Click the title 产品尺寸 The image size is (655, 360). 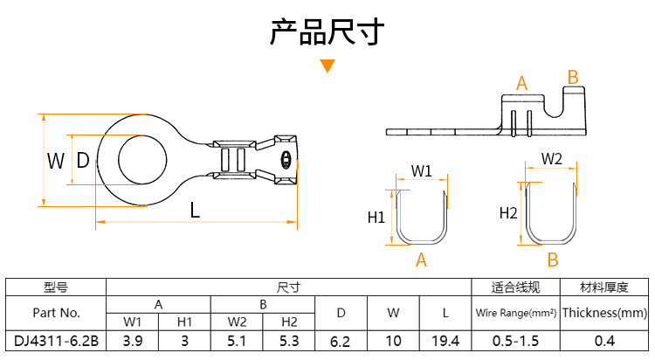click(327, 32)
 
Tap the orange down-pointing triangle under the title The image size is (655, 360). click(327, 66)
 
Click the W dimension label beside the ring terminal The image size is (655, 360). click(56, 160)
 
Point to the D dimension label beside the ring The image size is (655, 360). click(83, 160)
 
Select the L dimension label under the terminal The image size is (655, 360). click(196, 211)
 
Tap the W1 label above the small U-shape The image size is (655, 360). click(422, 170)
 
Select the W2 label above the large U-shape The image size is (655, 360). click(552, 159)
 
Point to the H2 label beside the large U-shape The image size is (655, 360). click(508, 212)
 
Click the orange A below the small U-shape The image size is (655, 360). click(421, 260)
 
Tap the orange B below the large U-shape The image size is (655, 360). click(552, 260)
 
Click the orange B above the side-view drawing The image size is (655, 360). click(573, 78)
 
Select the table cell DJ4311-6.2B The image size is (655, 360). click(56, 340)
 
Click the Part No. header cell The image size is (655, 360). click(56, 312)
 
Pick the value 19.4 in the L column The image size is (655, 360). click(445, 340)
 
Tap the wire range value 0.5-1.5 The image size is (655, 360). click(515, 340)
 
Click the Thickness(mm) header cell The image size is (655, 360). click(604, 312)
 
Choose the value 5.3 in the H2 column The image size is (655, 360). click(290, 340)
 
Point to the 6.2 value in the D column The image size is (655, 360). click(341, 340)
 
